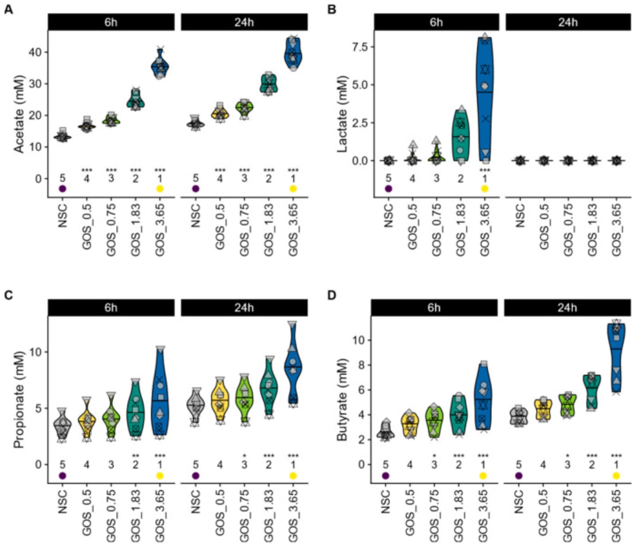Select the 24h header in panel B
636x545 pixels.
pos(568,22)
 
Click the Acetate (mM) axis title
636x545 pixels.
pos(19,114)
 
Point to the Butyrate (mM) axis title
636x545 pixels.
pos(342,400)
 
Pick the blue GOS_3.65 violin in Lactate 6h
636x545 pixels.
pos(485,100)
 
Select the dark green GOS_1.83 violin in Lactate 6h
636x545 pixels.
pos(461,136)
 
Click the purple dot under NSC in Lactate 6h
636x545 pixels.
pos(388,189)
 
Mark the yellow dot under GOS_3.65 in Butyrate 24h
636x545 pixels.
pos(616,475)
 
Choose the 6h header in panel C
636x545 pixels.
pos(111,308)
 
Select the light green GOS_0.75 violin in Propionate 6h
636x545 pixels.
pos(111,418)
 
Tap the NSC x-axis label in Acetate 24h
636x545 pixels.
pos(196,216)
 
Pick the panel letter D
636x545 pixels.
pos(332,295)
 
